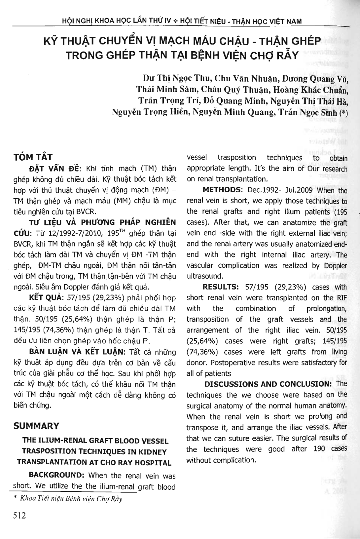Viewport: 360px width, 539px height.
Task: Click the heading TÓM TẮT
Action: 33,157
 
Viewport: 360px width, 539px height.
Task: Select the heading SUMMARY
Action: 36,426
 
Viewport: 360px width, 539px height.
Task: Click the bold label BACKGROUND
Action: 57,475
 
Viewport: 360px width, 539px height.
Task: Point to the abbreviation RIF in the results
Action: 342,298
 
